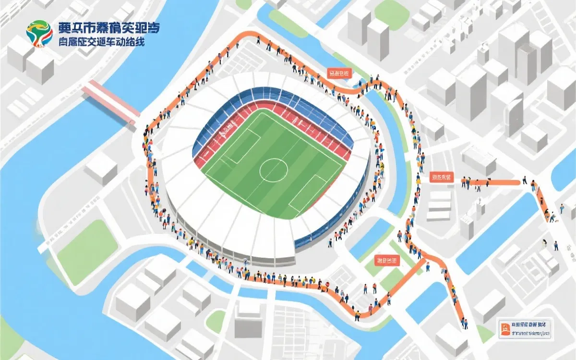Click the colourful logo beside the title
[39, 34]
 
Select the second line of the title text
[101, 42]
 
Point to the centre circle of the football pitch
[274, 168]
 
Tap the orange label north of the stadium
[339, 73]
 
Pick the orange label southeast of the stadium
[387, 261]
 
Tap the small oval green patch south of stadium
[216, 321]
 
